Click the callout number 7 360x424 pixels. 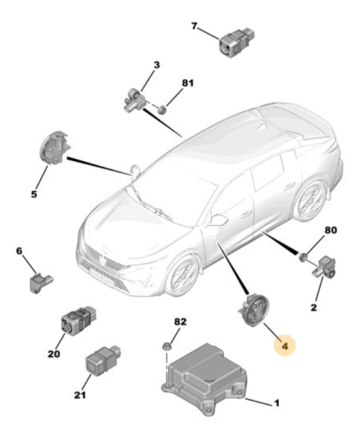194,26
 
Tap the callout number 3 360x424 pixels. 156,66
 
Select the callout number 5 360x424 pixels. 33,193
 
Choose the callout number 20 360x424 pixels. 53,354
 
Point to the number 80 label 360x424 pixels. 331,230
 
